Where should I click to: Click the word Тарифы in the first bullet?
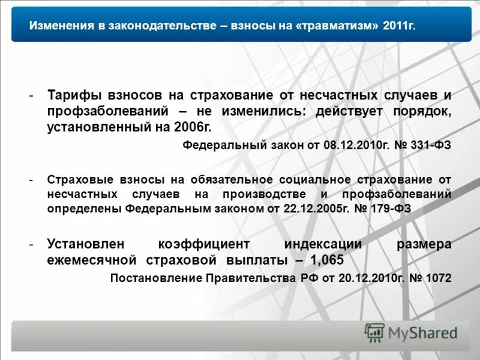[74, 96]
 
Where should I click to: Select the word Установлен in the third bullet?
[86, 244]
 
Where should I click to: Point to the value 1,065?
[327, 260]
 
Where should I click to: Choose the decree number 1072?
[438, 278]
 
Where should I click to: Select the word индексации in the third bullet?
[323, 244]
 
